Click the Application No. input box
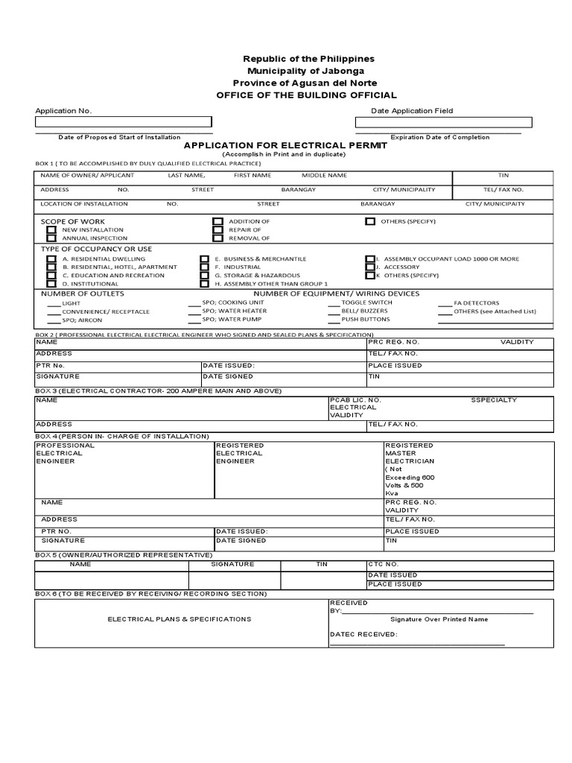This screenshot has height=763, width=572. pyautogui.click(x=124, y=122)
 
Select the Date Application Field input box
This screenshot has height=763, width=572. pyautogui.click(x=443, y=122)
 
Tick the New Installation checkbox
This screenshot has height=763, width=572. pyautogui.click(x=51, y=230)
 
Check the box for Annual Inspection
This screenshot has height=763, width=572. pyautogui.click(x=51, y=238)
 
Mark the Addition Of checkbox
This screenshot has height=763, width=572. pyautogui.click(x=217, y=221)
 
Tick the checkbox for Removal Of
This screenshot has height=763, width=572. pyautogui.click(x=217, y=238)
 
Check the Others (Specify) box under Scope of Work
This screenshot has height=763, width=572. pyautogui.click(x=370, y=221)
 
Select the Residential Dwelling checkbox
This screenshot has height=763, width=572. pyautogui.click(x=51, y=259)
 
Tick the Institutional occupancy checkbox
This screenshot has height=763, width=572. pyautogui.click(x=51, y=284)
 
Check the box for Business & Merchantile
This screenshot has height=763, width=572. pyautogui.click(x=204, y=259)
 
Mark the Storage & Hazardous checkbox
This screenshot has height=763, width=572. pyautogui.click(x=204, y=276)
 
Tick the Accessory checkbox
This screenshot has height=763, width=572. pyautogui.click(x=370, y=267)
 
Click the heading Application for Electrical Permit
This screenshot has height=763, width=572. pyautogui.click(x=285, y=145)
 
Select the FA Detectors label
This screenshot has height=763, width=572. pyautogui.click(x=477, y=303)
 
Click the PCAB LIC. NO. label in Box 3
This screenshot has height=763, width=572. pyautogui.click(x=355, y=400)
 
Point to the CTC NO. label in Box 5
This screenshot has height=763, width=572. pyautogui.click(x=384, y=565)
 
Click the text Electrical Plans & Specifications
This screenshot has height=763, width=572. pyautogui.click(x=179, y=619)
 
